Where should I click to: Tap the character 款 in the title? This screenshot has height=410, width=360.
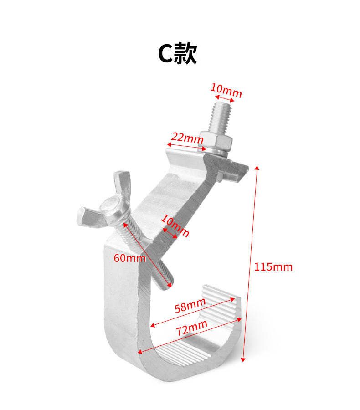[x=186, y=54]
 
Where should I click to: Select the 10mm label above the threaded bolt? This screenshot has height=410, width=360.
[x=226, y=91]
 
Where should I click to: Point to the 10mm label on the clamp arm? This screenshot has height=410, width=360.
[x=175, y=226]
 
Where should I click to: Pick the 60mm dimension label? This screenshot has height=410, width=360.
[x=129, y=258]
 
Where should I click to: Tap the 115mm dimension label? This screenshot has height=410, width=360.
[x=273, y=267]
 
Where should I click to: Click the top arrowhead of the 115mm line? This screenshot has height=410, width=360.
[x=257, y=168]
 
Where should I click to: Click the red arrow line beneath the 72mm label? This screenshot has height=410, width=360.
[x=190, y=336]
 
